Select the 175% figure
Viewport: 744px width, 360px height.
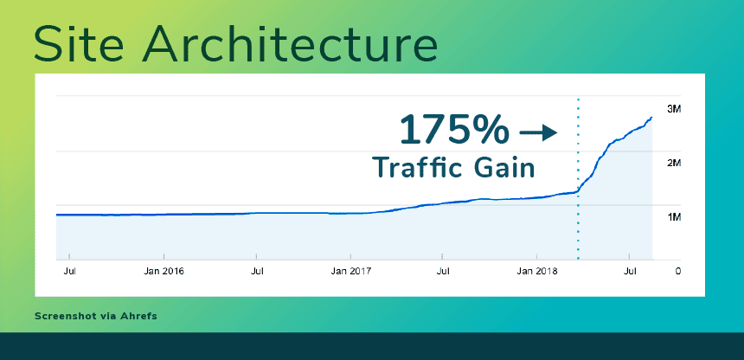click(454, 131)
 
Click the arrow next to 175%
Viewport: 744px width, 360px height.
click(537, 132)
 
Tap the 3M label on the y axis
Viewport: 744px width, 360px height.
click(674, 109)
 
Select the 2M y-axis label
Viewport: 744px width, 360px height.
click(674, 163)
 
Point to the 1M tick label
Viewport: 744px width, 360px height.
click(674, 216)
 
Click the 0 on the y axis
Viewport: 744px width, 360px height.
click(677, 271)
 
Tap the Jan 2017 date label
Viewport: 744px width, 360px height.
click(350, 271)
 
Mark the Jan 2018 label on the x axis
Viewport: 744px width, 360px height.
click(537, 271)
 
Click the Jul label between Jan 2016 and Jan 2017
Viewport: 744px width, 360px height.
click(257, 271)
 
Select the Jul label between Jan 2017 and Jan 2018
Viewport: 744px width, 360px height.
click(443, 271)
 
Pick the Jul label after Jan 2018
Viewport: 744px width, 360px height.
click(631, 271)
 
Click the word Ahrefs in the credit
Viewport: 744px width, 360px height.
click(138, 316)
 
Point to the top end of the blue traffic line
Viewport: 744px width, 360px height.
click(651, 117)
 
